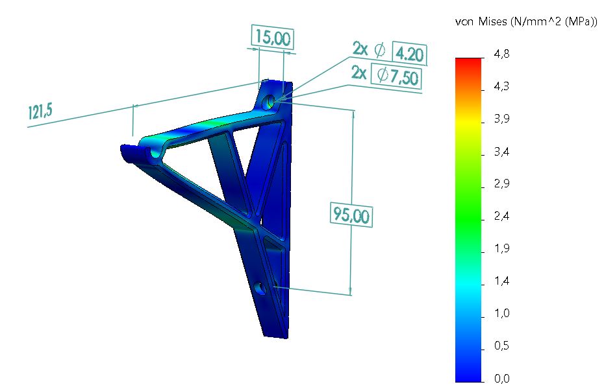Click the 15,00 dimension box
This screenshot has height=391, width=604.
coord(273,38)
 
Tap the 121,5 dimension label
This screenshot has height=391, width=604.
coord(40,112)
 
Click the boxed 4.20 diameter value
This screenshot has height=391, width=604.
coord(409,53)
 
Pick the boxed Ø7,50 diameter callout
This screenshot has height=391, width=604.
coord(396,76)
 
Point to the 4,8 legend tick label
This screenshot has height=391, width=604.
coord(501,54)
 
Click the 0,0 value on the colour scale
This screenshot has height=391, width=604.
coord(501,379)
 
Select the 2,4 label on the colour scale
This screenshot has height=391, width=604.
coord(501,216)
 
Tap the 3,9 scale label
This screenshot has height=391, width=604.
coord(501,119)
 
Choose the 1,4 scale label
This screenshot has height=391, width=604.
coord(501,281)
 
